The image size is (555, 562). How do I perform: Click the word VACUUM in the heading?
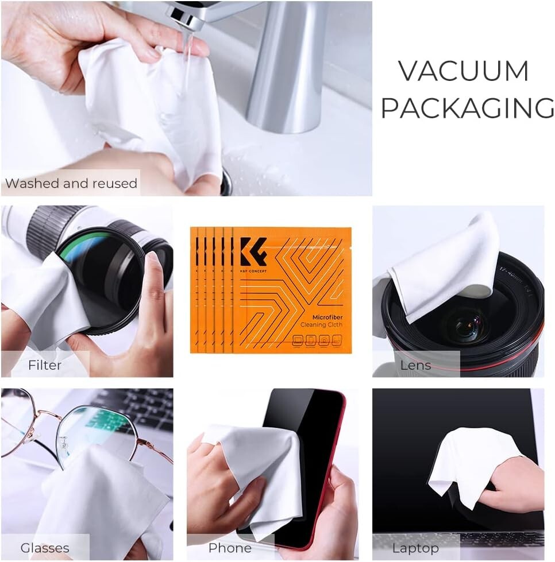coord(463,71)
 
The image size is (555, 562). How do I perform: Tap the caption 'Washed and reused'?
coord(71,184)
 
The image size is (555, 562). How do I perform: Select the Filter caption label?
coord(45,365)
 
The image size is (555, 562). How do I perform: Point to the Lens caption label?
coord(415,365)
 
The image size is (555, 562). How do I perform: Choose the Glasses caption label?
coord(45,548)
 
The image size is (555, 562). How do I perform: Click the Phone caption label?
coord(230,548)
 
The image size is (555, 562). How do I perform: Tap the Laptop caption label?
coord(415,548)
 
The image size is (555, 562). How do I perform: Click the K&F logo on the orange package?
coord(253,251)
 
